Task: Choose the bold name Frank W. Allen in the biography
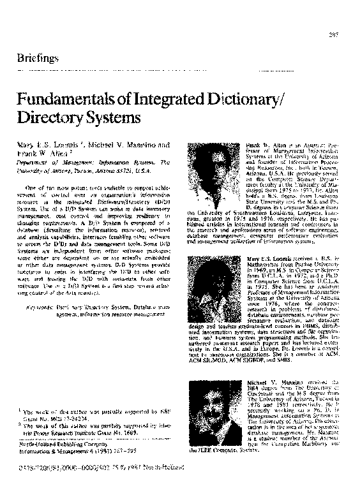254,146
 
